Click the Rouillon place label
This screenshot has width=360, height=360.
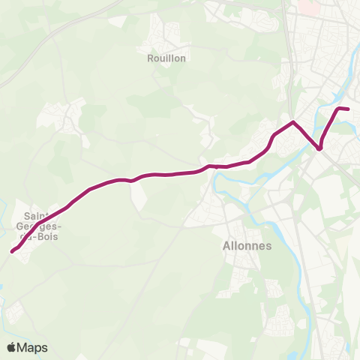click(166, 57)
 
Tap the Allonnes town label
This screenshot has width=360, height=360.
click(247, 245)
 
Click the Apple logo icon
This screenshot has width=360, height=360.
click(12, 347)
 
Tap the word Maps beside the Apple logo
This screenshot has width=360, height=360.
click(33, 347)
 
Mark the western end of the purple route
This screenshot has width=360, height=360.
click(12, 252)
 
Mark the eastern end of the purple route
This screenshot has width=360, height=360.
click(349, 109)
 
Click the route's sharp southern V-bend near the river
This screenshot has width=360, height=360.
click(319, 148)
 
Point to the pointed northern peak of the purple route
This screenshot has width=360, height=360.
click(292, 121)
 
